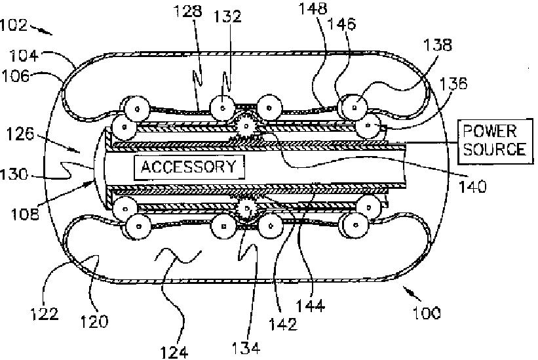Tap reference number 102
(14, 26)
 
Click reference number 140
(473, 186)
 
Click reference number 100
(426, 312)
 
